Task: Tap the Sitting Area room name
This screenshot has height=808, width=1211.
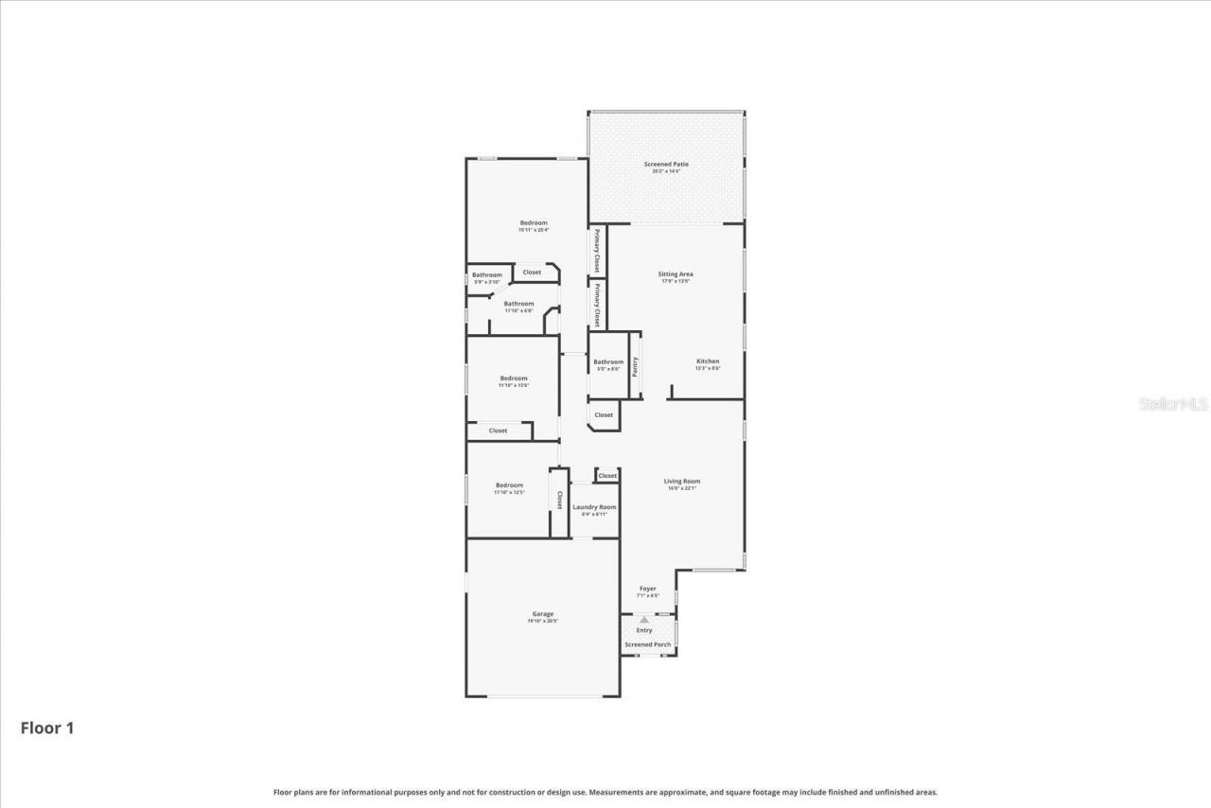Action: point(676,274)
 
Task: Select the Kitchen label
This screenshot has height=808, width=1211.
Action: point(708,361)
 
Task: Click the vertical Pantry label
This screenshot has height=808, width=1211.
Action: point(635,366)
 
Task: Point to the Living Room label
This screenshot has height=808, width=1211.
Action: point(681,482)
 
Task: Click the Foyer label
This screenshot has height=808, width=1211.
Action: point(647,588)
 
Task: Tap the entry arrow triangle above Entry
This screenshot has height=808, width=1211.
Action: point(644,620)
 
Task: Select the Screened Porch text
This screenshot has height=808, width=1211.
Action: point(647,644)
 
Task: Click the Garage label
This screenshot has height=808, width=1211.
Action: point(542,614)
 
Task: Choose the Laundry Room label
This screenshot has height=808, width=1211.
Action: point(594,507)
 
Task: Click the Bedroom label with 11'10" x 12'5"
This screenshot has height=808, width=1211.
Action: point(509,485)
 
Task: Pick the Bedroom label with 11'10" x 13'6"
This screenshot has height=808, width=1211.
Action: point(514,378)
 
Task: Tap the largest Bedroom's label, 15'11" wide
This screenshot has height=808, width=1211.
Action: point(534,223)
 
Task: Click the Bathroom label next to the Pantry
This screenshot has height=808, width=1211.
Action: point(608,361)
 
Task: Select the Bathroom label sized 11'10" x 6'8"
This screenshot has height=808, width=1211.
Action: point(518,304)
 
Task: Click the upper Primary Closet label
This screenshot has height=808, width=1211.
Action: point(597,251)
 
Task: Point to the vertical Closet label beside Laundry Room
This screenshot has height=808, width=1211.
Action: point(559,500)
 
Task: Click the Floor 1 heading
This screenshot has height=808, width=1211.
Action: point(47,728)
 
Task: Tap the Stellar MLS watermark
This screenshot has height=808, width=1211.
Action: point(1173,404)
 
